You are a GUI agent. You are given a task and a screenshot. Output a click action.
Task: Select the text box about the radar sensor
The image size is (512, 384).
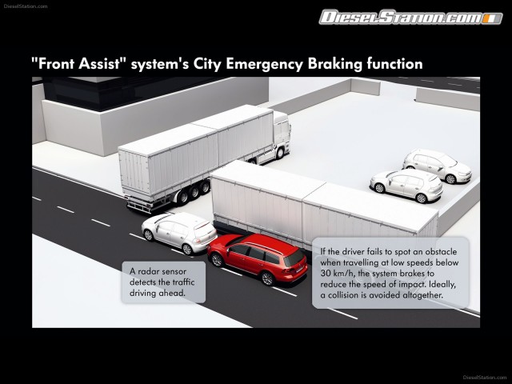[x=162, y=282]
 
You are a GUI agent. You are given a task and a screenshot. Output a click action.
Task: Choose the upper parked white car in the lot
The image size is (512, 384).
[x=437, y=166]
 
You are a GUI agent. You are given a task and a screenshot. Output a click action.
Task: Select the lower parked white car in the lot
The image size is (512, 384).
[x=406, y=186]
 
